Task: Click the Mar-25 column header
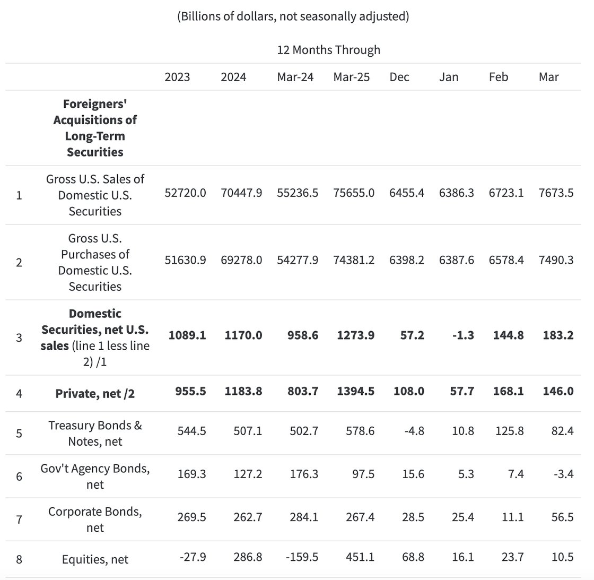tap(351, 77)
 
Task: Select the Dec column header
tap(399, 77)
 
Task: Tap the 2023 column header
tap(177, 77)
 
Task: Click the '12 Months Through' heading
tap(328, 50)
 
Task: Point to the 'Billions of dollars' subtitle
tap(293, 16)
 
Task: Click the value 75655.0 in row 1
tap(354, 193)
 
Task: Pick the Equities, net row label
tap(95, 559)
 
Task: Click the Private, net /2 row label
tap(95, 394)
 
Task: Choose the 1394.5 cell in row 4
tap(355, 391)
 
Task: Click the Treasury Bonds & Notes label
tap(95, 433)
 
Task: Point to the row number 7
tap(19, 520)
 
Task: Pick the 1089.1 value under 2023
tap(187, 335)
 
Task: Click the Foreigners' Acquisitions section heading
tap(95, 128)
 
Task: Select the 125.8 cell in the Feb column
tap(509, 431)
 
